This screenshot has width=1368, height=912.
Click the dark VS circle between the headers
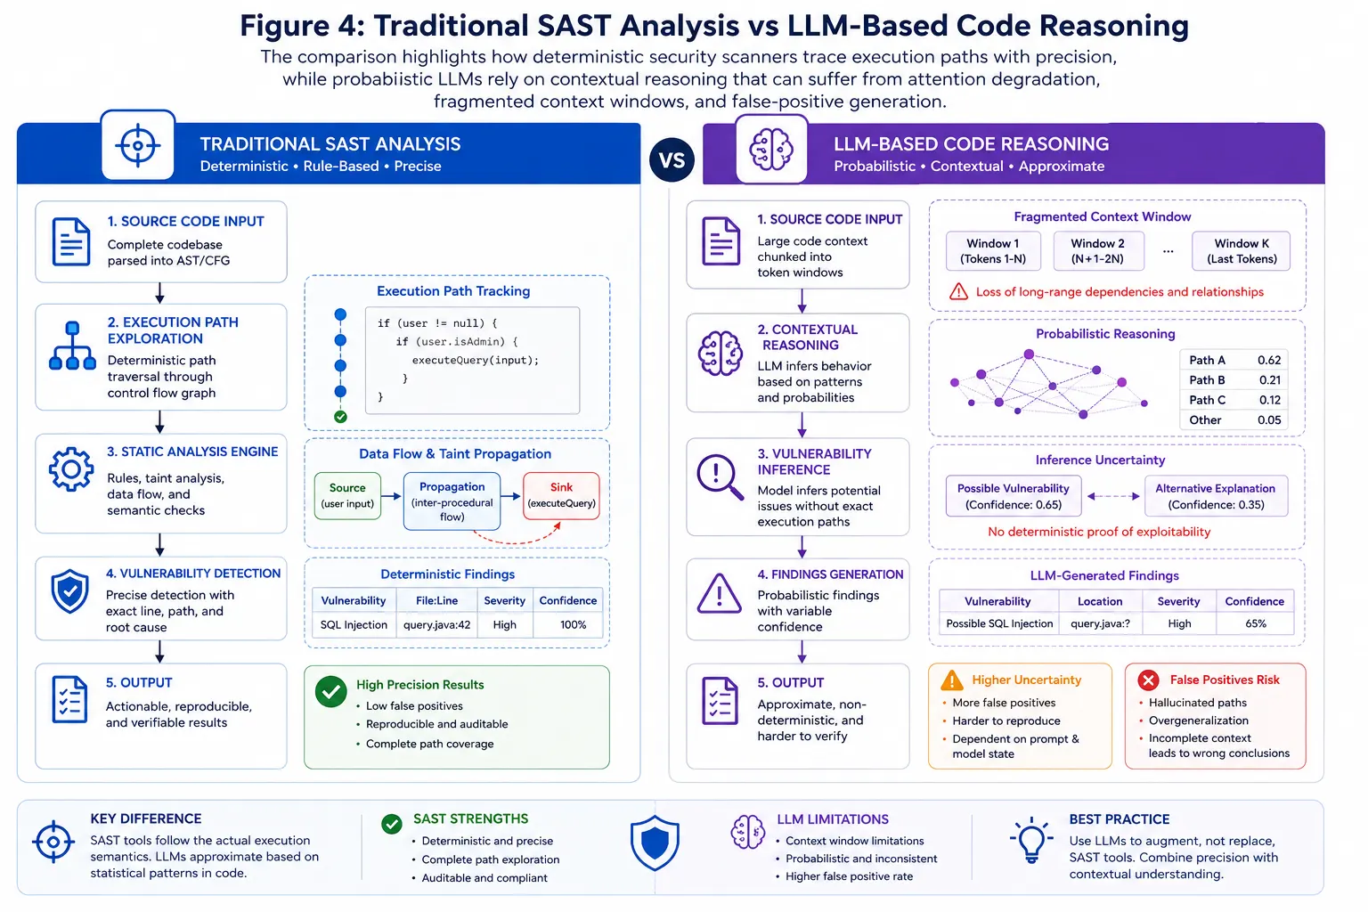coord(672,160)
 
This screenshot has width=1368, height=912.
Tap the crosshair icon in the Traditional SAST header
coord(138,145)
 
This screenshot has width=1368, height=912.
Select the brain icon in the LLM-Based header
coord(771,149)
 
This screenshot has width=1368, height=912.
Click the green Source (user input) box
coord(347,495)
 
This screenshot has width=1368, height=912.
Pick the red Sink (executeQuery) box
coord(561,495)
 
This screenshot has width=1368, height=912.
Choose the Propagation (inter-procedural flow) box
coord(452,501)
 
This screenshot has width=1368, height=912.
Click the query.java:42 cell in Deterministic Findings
coord(436,625)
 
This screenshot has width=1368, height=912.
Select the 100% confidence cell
coord(573,625)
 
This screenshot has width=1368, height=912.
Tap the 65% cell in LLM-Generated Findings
coord(1255,623)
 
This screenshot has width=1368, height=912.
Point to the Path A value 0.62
coord(1269,360)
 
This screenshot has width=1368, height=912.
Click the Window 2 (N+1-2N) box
coord(1098,251)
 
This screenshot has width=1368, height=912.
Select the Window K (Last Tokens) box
coord(1242,251)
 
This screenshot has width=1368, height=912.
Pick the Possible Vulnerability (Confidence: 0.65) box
coord(1014,496)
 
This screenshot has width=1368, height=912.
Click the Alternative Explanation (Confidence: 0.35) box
coord(1216,496)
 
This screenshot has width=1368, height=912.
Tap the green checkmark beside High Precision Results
coord(331,691)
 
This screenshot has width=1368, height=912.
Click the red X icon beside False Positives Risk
coord(1148,680)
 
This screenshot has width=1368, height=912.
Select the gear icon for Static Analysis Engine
coord(71,469)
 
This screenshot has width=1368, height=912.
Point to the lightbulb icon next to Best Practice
coord(1031,841)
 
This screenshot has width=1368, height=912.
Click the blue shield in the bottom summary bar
coord(655,843)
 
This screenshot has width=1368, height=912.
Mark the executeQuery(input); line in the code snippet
coord(475,360)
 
